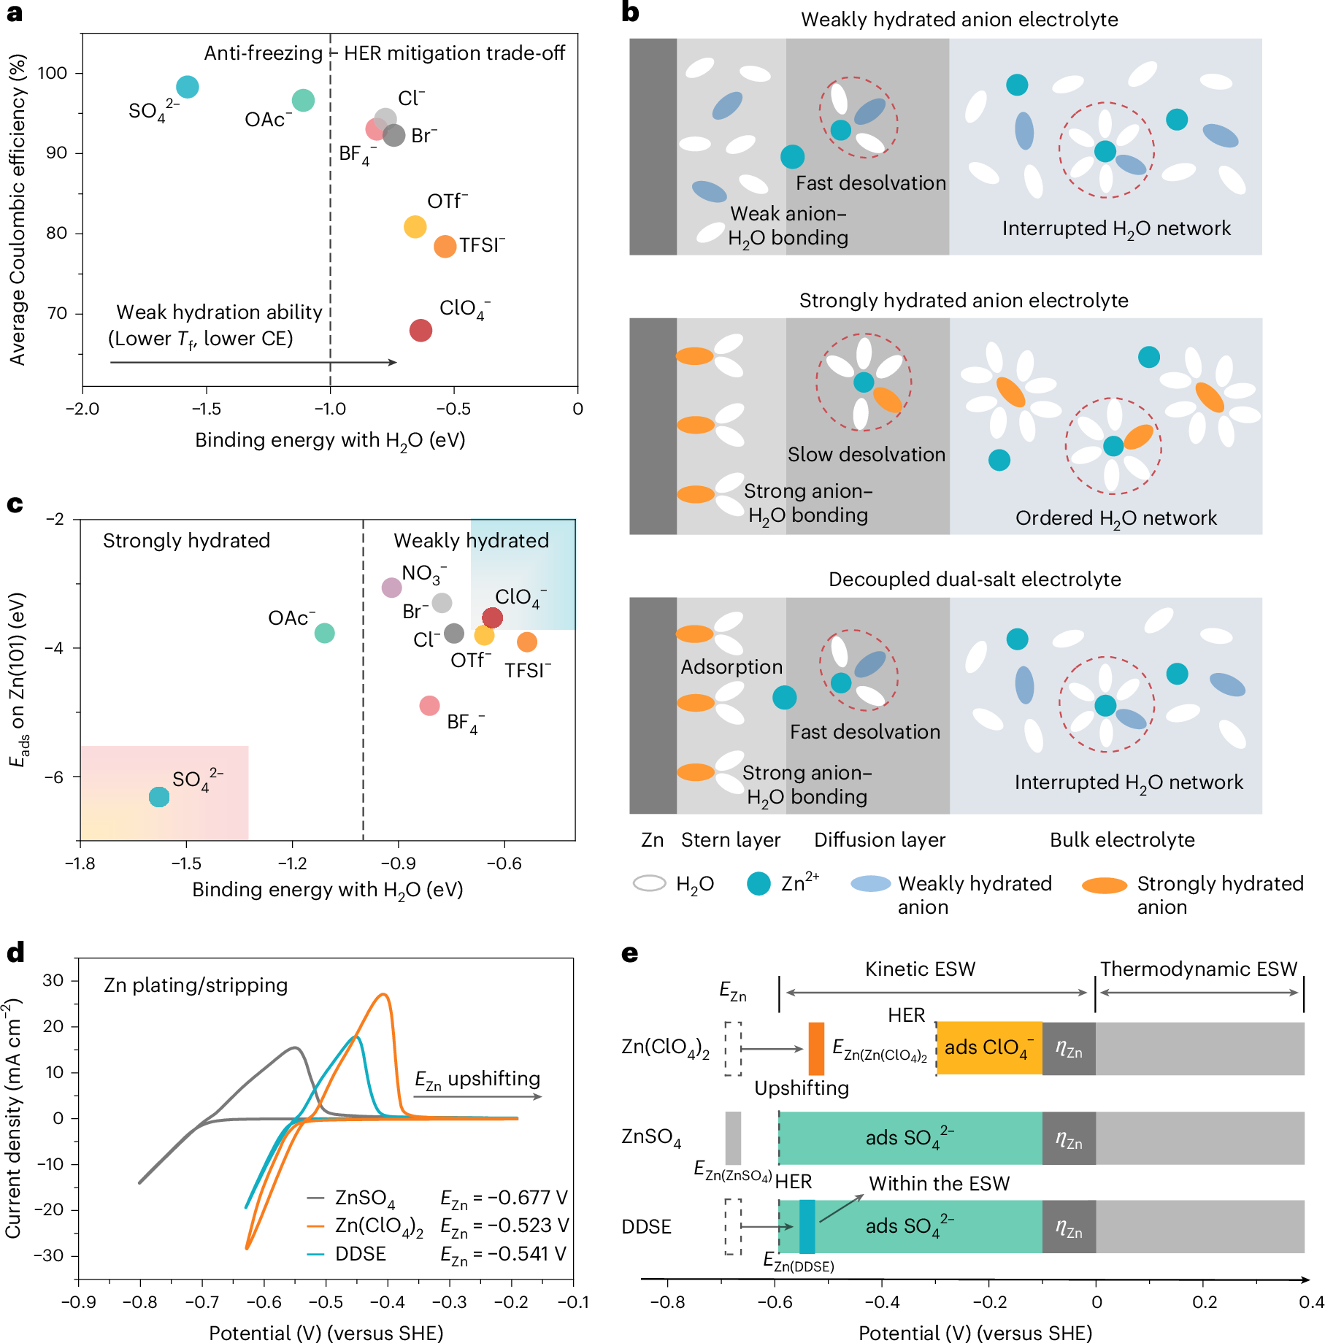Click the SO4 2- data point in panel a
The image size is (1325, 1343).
click(188, 87)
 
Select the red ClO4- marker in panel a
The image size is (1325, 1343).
click(420, 331)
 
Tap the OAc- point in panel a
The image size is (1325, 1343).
click(303, 100)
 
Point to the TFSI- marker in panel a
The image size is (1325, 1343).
click(445, 247)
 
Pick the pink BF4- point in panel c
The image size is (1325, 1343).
click(429, 706)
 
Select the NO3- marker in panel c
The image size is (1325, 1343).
click(392, 587)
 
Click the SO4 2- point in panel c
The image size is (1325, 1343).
click(159, 797)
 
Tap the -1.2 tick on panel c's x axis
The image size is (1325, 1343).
click(292, 863)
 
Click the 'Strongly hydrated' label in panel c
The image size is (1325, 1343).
click(186, 541)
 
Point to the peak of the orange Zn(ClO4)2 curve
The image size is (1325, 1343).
click(384, 995)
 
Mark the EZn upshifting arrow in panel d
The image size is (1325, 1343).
click(478, 1096)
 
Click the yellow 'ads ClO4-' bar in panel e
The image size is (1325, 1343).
click(989, 1048)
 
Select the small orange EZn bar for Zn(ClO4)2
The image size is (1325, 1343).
click(816, 1048)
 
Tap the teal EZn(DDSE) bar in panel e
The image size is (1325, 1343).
click(807, 1226)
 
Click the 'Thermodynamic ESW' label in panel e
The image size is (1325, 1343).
click(1199, 969)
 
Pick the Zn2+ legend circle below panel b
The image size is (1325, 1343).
click(759, 884)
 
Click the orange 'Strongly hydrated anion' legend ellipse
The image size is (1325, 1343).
click(1104, 885)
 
